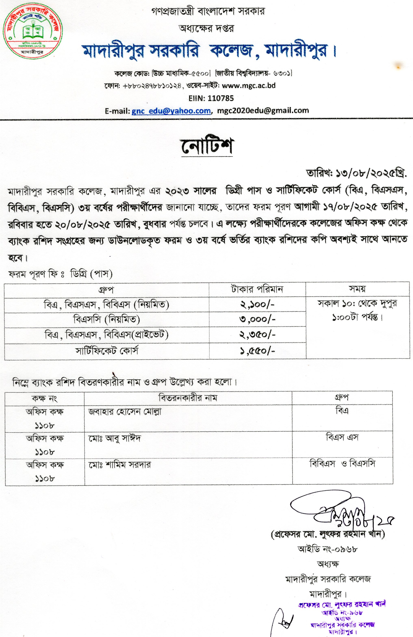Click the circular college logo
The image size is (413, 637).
[33, 32]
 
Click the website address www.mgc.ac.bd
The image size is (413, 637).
[249, 86]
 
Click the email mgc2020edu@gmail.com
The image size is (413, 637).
[263, 110]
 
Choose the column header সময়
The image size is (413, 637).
[357, 289]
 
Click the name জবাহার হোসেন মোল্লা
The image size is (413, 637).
[125, 412]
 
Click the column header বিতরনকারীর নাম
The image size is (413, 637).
[188, 398]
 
